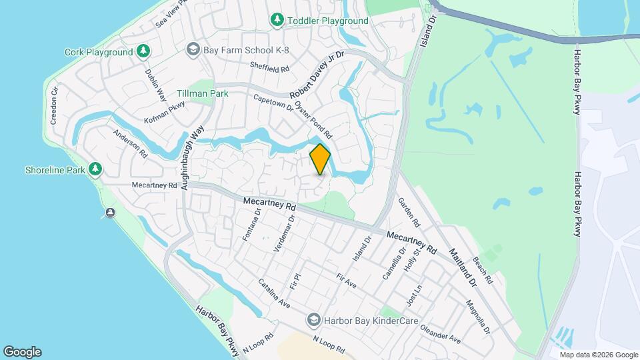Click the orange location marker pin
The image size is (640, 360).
pyautogui.click(x=320, y=159)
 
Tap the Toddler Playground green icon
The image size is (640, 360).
pyautogui.click(x=277, y=21)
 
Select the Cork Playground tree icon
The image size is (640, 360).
pyautogui.click(x=143, y=51)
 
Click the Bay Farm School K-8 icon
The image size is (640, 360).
pyautogui.click(x=193, y=49)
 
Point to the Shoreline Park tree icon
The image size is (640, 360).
pyautogui.click(x=96, y=169)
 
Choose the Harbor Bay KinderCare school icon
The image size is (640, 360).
pyautogui.click(x=313, y=321)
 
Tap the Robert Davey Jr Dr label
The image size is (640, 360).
pyautogui.click(x=316, y=73)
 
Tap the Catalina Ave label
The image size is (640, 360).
pyautogui.click(x=275, y=293)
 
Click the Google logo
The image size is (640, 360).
pyautogui.click(x=22, y=352)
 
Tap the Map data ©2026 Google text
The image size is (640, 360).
pyautogui.click(x=599, y=355)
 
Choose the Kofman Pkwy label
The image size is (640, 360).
pyautogui.click(x=165, y=112)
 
